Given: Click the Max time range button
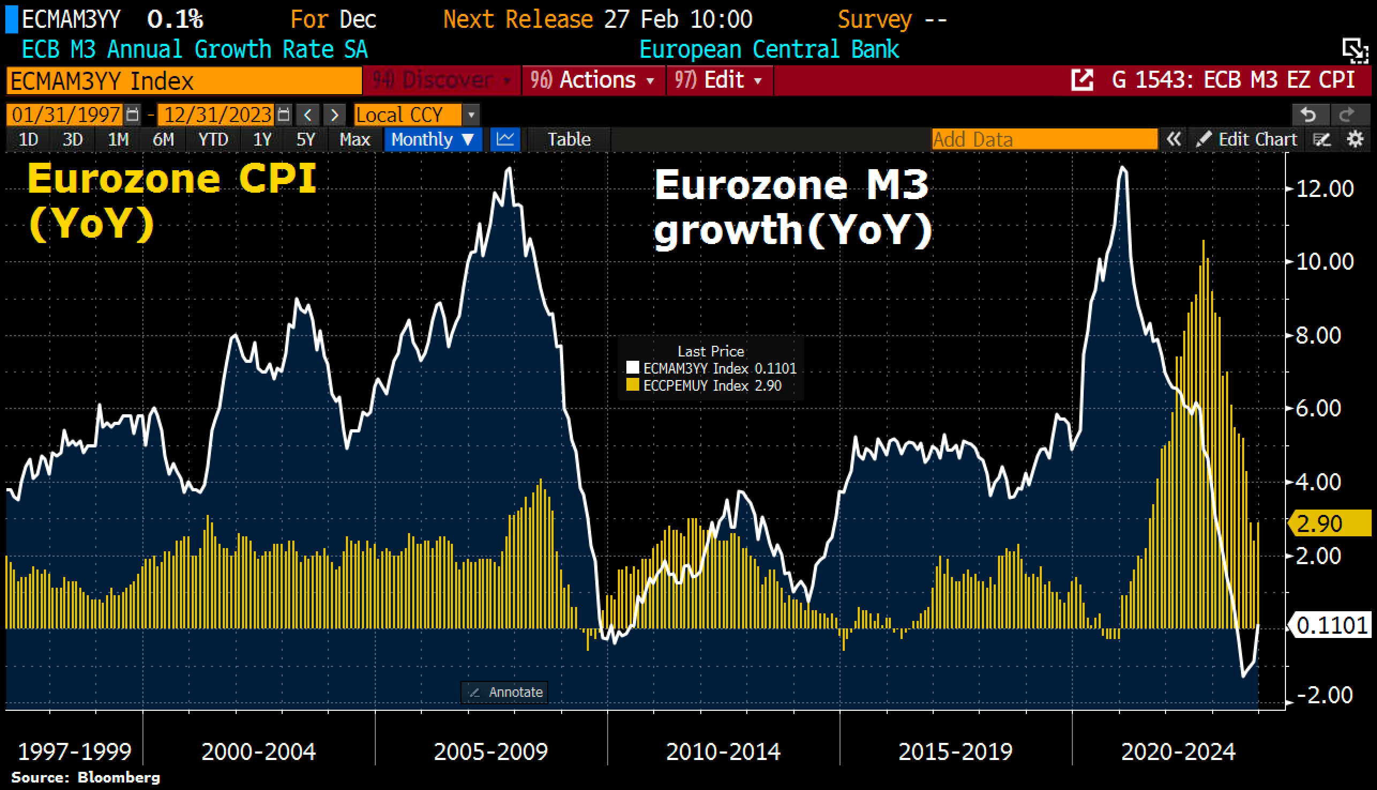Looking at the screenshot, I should [354, 140].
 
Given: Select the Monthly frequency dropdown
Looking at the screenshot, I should [433, 140].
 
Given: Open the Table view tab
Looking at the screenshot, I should [568, 140].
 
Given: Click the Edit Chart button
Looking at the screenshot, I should [1247, 140].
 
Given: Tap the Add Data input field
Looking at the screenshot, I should [1044, 140].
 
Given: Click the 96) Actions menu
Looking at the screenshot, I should [593, 80].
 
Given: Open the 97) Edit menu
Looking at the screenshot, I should [718, 80].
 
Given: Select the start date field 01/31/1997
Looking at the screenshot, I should [66, 115].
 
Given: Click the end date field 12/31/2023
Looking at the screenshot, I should [217, 115].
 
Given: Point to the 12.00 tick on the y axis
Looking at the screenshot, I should [1325, 189].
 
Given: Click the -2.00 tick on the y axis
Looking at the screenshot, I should [1325, 695].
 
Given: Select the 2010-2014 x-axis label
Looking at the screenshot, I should [723, 752].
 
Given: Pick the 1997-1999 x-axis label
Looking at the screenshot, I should [74, 752].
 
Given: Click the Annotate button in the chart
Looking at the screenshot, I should [504, 693].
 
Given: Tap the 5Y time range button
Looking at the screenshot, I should [305, 140].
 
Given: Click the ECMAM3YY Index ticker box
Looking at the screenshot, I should [184, 81].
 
